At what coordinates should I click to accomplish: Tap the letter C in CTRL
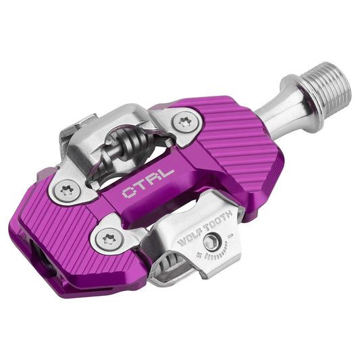tap(128, 193)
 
